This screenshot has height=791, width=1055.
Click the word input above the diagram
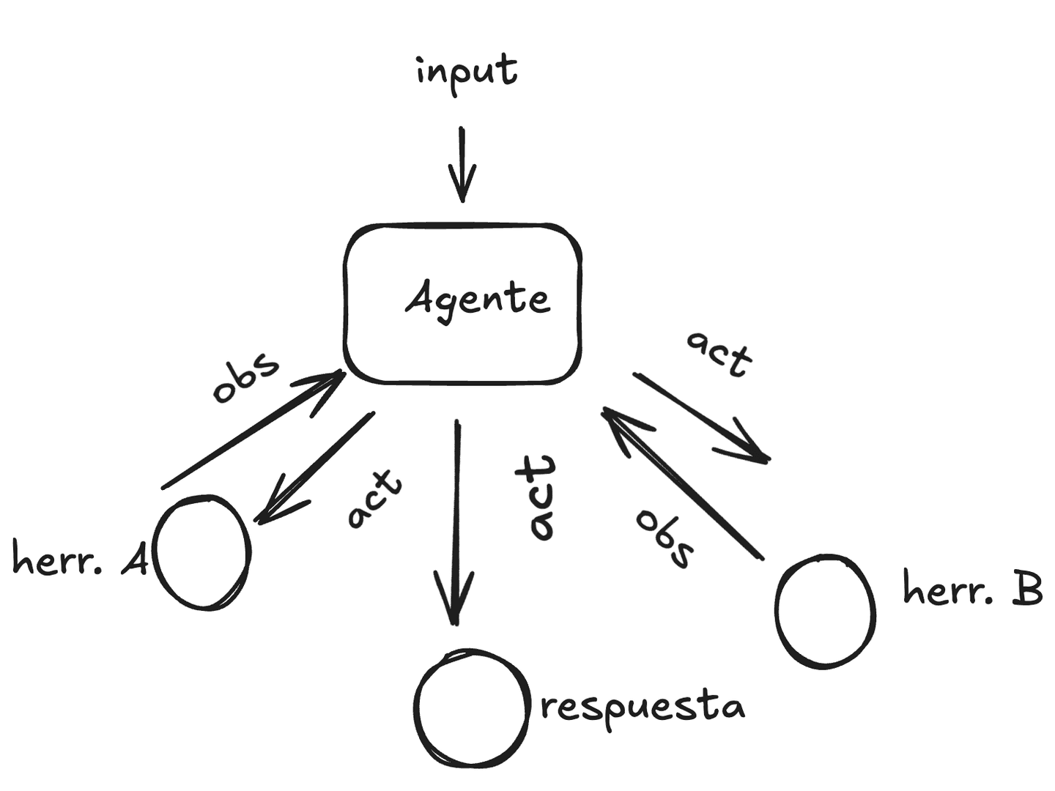pyautogui.click(x=467, y=72)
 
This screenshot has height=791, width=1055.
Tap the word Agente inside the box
pyautogui.click(x=477, y=298)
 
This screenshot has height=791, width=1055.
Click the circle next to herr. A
pyautogui.click(x=203, y=552)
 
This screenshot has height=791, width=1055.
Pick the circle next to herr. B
pyautogui.click(x=825, y=612)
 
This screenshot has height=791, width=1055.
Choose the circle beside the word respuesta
pyautogui.click(x=471, y=707)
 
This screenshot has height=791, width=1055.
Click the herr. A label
pyautogui.click(x=80, y=561)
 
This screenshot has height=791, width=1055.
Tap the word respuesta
pyautogui.click(x=642, y=708)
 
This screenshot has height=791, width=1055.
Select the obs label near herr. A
pyautogui.click(x=245, y=378)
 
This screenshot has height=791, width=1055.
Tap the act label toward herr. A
pyautogui.click(x=374, y=498)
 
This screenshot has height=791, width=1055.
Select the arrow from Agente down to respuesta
pyautogui.click(x=457, y=520)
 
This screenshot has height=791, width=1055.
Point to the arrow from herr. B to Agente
pyautogui.click(x=681, y=483)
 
